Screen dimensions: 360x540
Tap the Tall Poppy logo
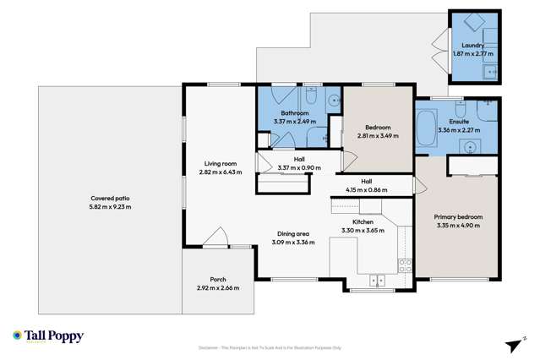(48, 336)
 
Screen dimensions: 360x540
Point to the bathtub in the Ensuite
(425, 128)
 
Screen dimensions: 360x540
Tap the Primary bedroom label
(458, 217)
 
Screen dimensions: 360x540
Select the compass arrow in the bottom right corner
(510, 344)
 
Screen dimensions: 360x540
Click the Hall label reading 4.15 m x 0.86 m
(366, 185)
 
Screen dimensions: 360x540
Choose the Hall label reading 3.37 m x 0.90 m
(298, 163)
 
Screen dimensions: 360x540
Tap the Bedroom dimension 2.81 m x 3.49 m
(377, 136)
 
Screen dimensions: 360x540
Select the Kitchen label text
(363, 221)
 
